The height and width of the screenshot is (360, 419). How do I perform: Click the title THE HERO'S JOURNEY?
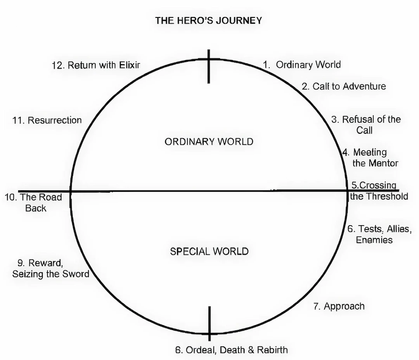tap(208, 21)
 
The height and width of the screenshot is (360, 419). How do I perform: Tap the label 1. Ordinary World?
tap(302, 65)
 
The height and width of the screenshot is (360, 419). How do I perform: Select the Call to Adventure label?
tap(344, 86)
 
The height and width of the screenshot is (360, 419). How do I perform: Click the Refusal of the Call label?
tap(366, 125)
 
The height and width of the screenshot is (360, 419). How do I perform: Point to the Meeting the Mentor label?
tap(371, 158)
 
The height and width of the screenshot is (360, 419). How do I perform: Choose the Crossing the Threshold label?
tap(379, 191)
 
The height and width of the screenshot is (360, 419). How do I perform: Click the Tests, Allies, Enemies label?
tap(379, 234)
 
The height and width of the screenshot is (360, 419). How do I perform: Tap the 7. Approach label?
tap(339, 306)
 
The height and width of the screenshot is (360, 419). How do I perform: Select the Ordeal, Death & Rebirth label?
tap(231, 350)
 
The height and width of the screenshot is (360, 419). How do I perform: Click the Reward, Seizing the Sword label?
tap(51, 268)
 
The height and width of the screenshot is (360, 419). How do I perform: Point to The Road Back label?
tap(33, 203)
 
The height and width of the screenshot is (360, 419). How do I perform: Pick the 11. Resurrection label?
tap(47, 120)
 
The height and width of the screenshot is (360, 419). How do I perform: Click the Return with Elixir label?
tap(96, 65)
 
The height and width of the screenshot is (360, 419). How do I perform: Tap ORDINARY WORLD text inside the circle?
tap(209, 141)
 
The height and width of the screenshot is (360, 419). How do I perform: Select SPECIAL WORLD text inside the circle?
tap(209, 251)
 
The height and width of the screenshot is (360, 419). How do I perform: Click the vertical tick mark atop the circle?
tap(209, 66)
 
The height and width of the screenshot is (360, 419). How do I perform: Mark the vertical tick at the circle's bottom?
tap(209, 323)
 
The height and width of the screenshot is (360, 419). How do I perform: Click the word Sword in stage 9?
tap(76, 274)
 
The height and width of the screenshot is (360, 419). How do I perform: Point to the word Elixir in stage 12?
tap(130, 65)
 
